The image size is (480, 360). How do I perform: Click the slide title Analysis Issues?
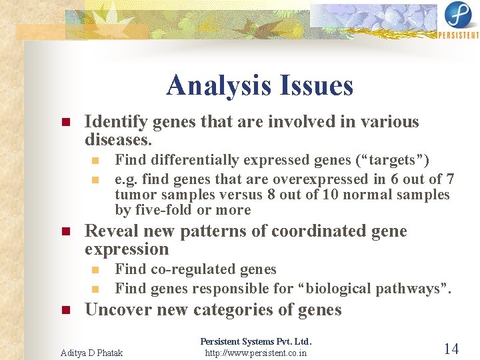[259, 85]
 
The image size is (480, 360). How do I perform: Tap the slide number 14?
[451, 348]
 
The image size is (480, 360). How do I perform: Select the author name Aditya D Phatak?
[91, 352]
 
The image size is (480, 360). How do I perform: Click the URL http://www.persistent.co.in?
[256, 352]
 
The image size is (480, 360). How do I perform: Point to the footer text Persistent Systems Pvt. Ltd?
[256, 341]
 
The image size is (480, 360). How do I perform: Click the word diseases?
[118, 141]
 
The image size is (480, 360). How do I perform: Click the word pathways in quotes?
[411, 288]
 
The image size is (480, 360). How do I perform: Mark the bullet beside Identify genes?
[65, 123]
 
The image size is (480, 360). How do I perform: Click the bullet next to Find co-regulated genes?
[95, 270]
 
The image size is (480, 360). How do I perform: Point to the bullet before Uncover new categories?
[65, 311]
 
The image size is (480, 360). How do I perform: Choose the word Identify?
[116, 122]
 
